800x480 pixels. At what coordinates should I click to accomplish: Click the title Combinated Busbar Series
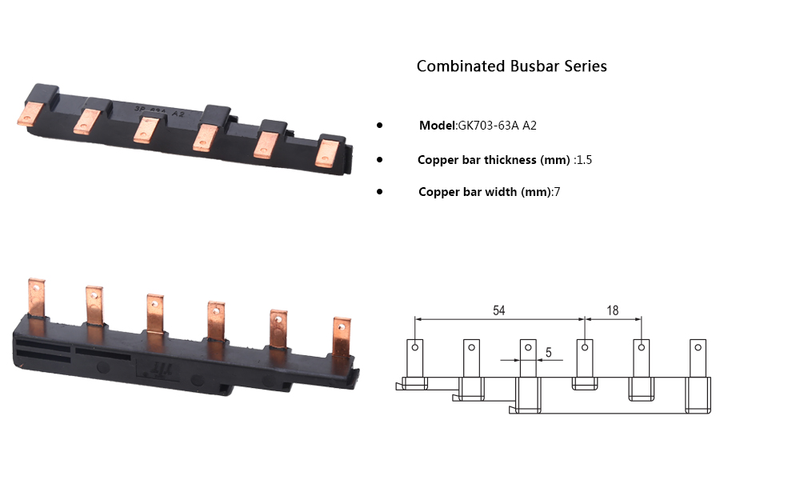coord(511,66)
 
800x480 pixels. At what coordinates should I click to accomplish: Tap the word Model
coord(437,126)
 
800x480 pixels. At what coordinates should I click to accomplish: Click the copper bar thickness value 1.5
coord(584,160)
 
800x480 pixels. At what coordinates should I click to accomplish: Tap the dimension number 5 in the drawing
coord(548,352)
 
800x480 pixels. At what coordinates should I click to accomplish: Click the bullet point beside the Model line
coord(379,126)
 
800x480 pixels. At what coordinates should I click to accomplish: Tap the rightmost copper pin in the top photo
coord(326,152)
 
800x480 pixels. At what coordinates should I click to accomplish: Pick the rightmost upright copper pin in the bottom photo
coord(342,337)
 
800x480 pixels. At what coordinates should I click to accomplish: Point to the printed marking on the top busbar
coord(156,113)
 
